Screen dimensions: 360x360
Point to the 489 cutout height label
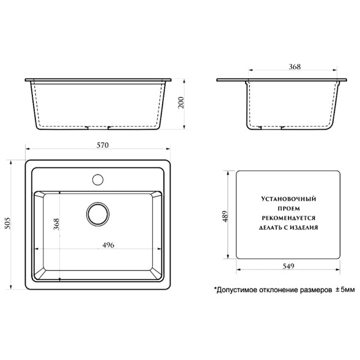point(226,216)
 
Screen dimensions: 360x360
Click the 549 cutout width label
point(288,266)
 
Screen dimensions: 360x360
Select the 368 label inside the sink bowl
point(55,226)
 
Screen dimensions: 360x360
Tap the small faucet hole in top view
point(97,180)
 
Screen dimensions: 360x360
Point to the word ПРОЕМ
point(288,208)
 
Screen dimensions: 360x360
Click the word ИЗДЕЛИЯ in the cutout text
point(305,226)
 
